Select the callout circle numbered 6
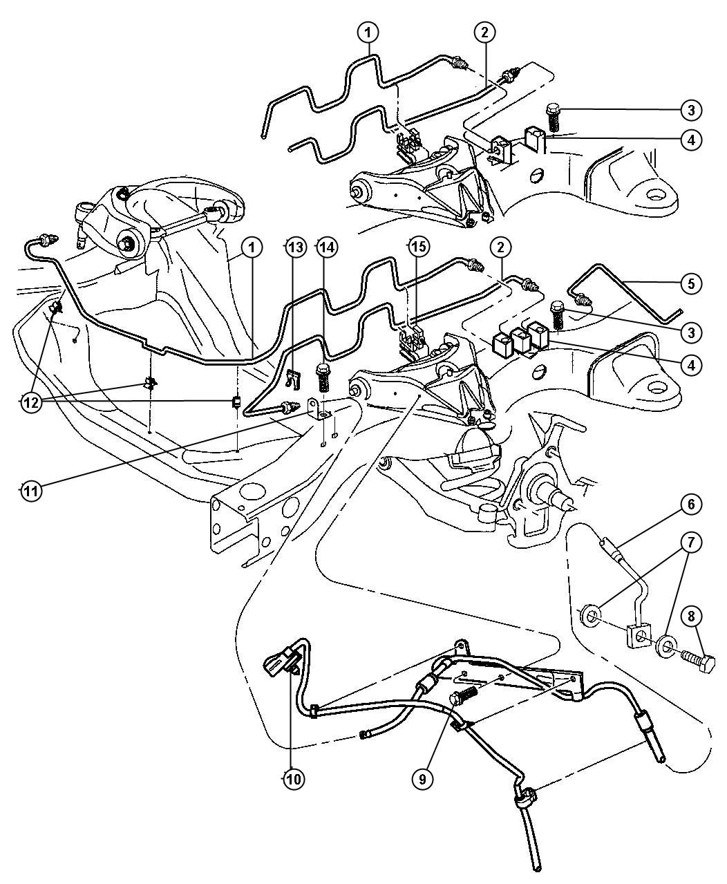(692, 505)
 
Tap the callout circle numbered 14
(326, 247)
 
